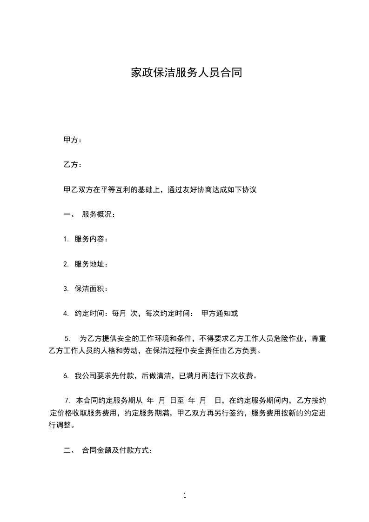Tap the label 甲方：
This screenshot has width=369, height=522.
point(73,141)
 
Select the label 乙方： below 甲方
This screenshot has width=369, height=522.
point(73,165)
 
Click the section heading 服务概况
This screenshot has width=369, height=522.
point(97,214)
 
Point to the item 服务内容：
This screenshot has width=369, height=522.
point(91,240)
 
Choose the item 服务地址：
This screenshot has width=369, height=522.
point(91,264)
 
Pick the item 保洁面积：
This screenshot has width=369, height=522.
point(91,289)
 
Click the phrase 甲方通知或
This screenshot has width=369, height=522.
point(220,314)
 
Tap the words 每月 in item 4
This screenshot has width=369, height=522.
point(119,314)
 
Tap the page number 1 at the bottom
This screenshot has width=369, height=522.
point(185,495)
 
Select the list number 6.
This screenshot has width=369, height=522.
point(66,375)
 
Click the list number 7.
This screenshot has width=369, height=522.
point(67,400)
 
